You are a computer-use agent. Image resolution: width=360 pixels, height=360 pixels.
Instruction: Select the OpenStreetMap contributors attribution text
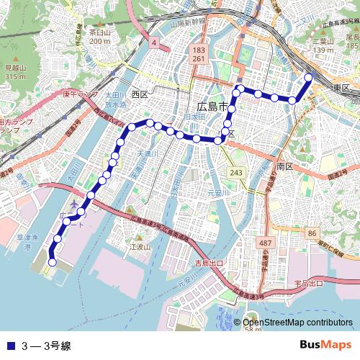tap(297, 323)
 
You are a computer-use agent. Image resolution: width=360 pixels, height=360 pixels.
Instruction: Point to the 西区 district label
tap(139, 94)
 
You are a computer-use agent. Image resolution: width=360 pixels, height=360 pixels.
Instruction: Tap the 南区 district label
tap(284, 166)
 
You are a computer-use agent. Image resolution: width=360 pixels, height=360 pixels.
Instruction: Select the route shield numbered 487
tap(266, 243)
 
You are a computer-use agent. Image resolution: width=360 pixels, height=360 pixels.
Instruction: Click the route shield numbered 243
tap(236, 173)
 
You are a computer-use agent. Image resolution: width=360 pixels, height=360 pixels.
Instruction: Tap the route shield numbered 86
tap(312, 233)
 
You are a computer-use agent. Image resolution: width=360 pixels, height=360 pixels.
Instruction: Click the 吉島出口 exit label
tap(210, 264)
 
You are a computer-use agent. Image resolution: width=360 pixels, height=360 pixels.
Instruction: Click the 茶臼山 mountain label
tap(99, 32)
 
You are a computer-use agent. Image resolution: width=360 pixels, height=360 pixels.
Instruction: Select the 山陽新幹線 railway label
tap(188, 23)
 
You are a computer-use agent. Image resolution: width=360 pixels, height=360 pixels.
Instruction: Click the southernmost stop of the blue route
tap(52, 263)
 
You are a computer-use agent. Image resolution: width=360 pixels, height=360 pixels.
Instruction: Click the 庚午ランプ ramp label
tap(78, 94)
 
